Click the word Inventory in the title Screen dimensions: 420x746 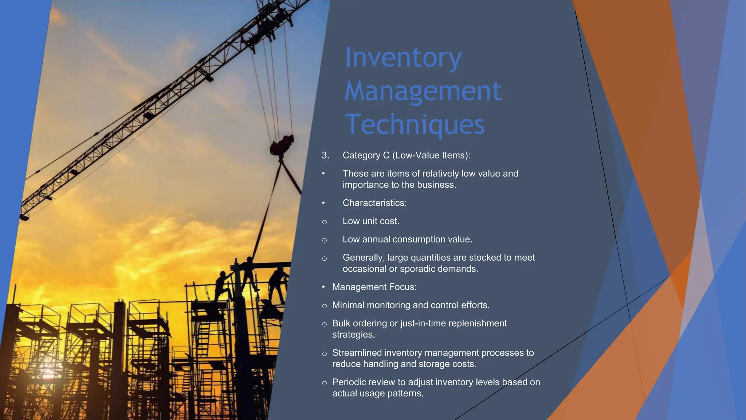point(403,58)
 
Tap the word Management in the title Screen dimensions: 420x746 point(423,91)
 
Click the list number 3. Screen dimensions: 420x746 point(325,156)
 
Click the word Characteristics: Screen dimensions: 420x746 point(374,203)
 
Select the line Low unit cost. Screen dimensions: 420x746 point(371,221)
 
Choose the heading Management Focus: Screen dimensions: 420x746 point(374,287)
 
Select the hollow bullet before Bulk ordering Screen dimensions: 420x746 point(324,324)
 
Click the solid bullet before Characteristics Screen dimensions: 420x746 point(323,203)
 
